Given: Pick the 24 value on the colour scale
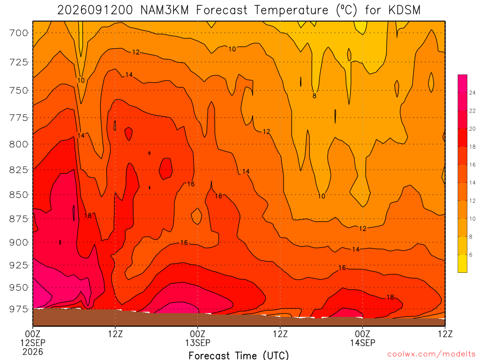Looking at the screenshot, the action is click(x=472, y=93).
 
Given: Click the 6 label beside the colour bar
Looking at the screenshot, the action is click(x=471, y=255).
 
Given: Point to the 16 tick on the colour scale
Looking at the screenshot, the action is click(x=472, y=165).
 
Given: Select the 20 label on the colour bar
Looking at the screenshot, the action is click(x=472, y=129).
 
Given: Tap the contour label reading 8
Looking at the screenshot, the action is click(x=315, y=96).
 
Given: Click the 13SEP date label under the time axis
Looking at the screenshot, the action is click(x=198, y=343).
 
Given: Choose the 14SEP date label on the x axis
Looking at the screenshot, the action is click(x=363, y=343).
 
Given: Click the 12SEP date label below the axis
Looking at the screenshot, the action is click(x=33, y=343).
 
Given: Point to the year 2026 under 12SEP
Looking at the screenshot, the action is click(x=33, y=352).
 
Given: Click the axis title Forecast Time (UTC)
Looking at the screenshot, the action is click(x=239, y=355).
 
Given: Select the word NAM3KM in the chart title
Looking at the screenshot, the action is click(x=165, y=10).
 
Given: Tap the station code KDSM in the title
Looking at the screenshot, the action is click(x=405, y=10).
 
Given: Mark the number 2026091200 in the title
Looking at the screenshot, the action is click(x=95, y=10).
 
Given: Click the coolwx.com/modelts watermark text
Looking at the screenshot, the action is click(x=431, y=354).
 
